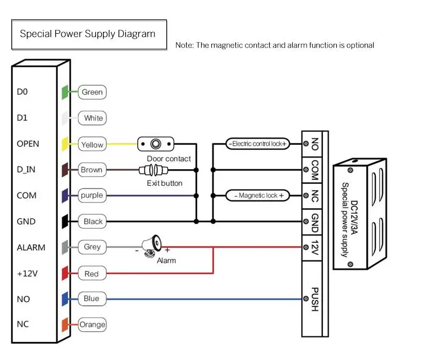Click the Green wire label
(92, 92)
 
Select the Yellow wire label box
(92, 144)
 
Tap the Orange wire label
(92, 325)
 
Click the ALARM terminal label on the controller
(31, 247)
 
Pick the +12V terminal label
(27, 273)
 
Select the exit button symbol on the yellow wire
(156, 144)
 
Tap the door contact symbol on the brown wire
(153, 170)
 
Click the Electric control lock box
(258, 144)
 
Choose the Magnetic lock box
(258, 196)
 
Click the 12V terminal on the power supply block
(314, 247)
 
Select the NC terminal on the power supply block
(314, 196)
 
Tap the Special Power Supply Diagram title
(87, 34)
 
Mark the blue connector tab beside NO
(64, 298)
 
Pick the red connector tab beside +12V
(64, 273)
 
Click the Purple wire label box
(92, 196)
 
